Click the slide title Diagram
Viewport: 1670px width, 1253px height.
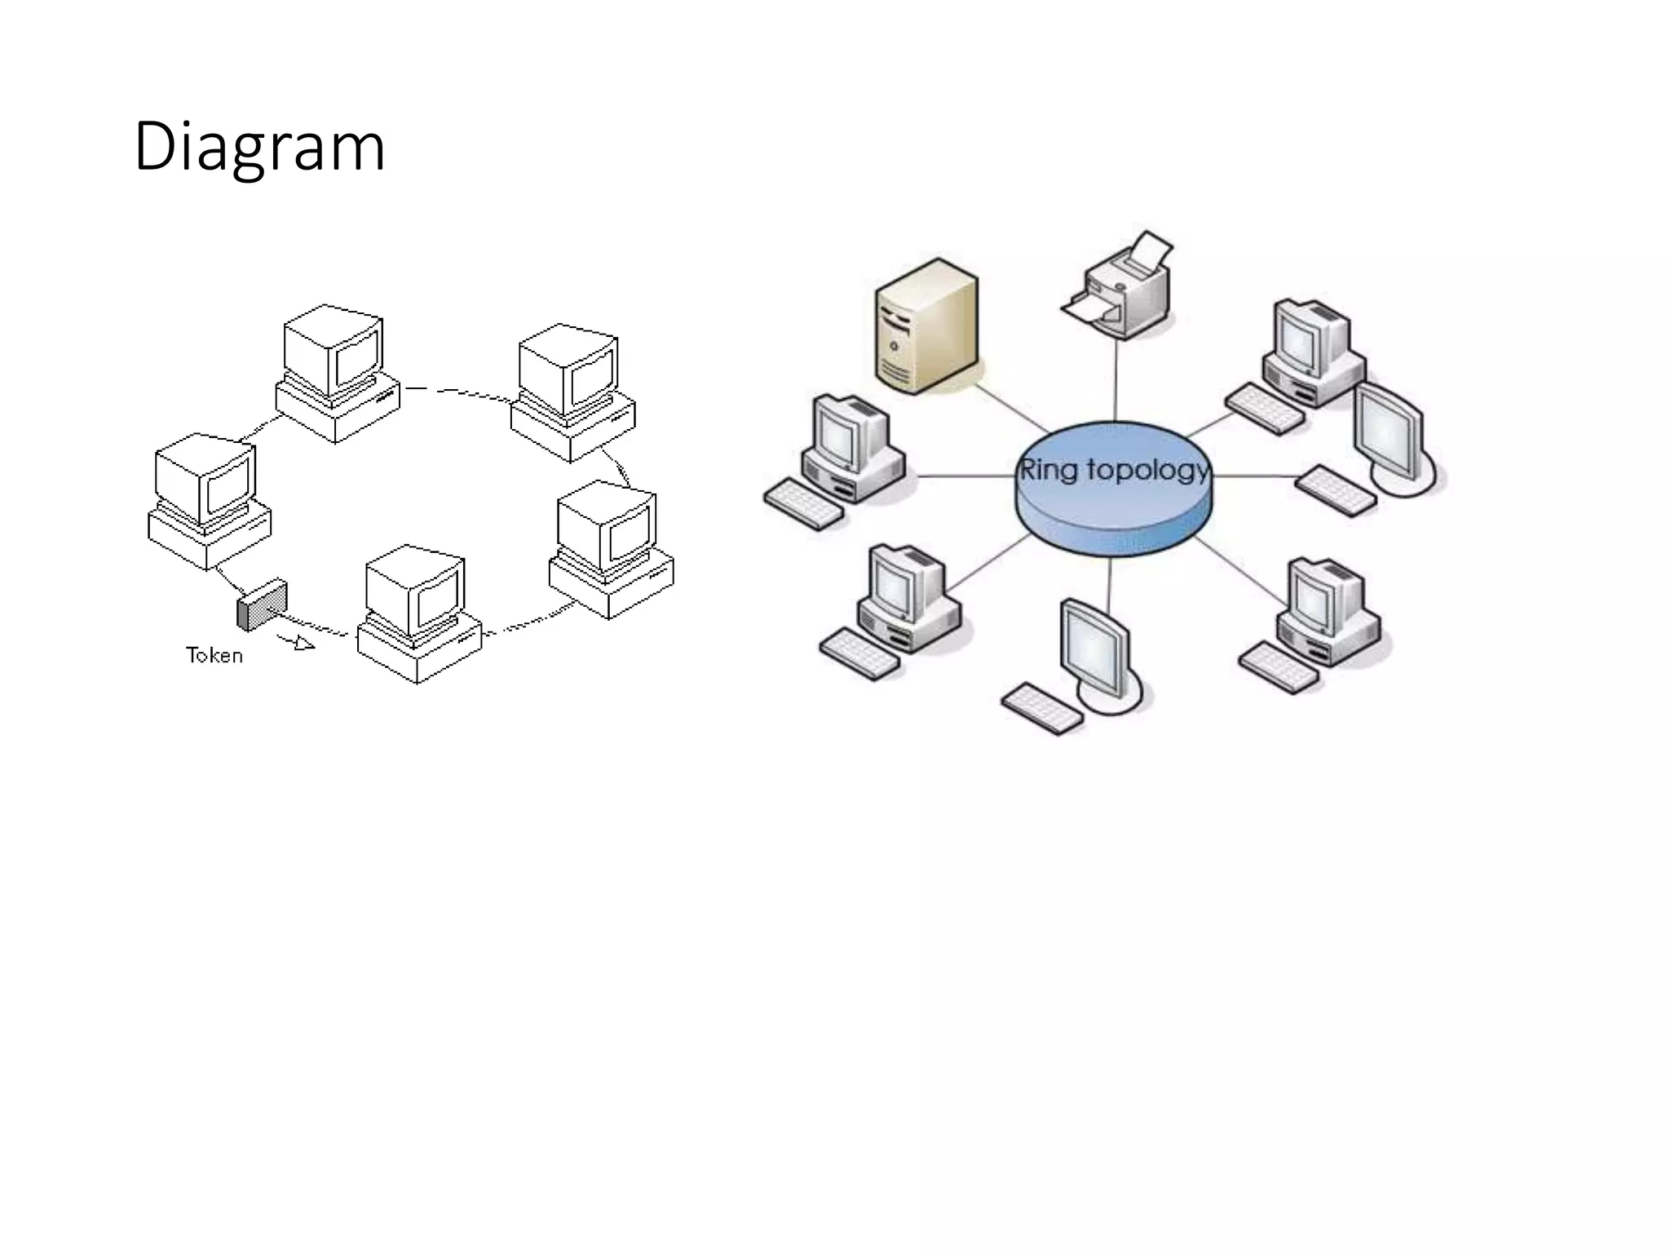click(259, 147)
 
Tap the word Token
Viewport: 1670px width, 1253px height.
click(214, 655)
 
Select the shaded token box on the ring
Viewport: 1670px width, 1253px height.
click(263, 605)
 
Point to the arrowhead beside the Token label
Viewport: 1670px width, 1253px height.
click(304, 644)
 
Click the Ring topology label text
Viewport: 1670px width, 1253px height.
click(1114, 470)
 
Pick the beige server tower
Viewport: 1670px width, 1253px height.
click(926, 326)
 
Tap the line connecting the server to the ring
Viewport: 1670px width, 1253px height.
click(1011, 408)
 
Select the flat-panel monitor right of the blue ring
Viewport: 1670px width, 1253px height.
click(1391, 436)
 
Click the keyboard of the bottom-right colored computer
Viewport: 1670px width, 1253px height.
click(1278, 667)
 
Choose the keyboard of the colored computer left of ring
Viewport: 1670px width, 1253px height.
click(804, 504)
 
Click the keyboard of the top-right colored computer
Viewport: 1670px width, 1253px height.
click(1265, 409)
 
